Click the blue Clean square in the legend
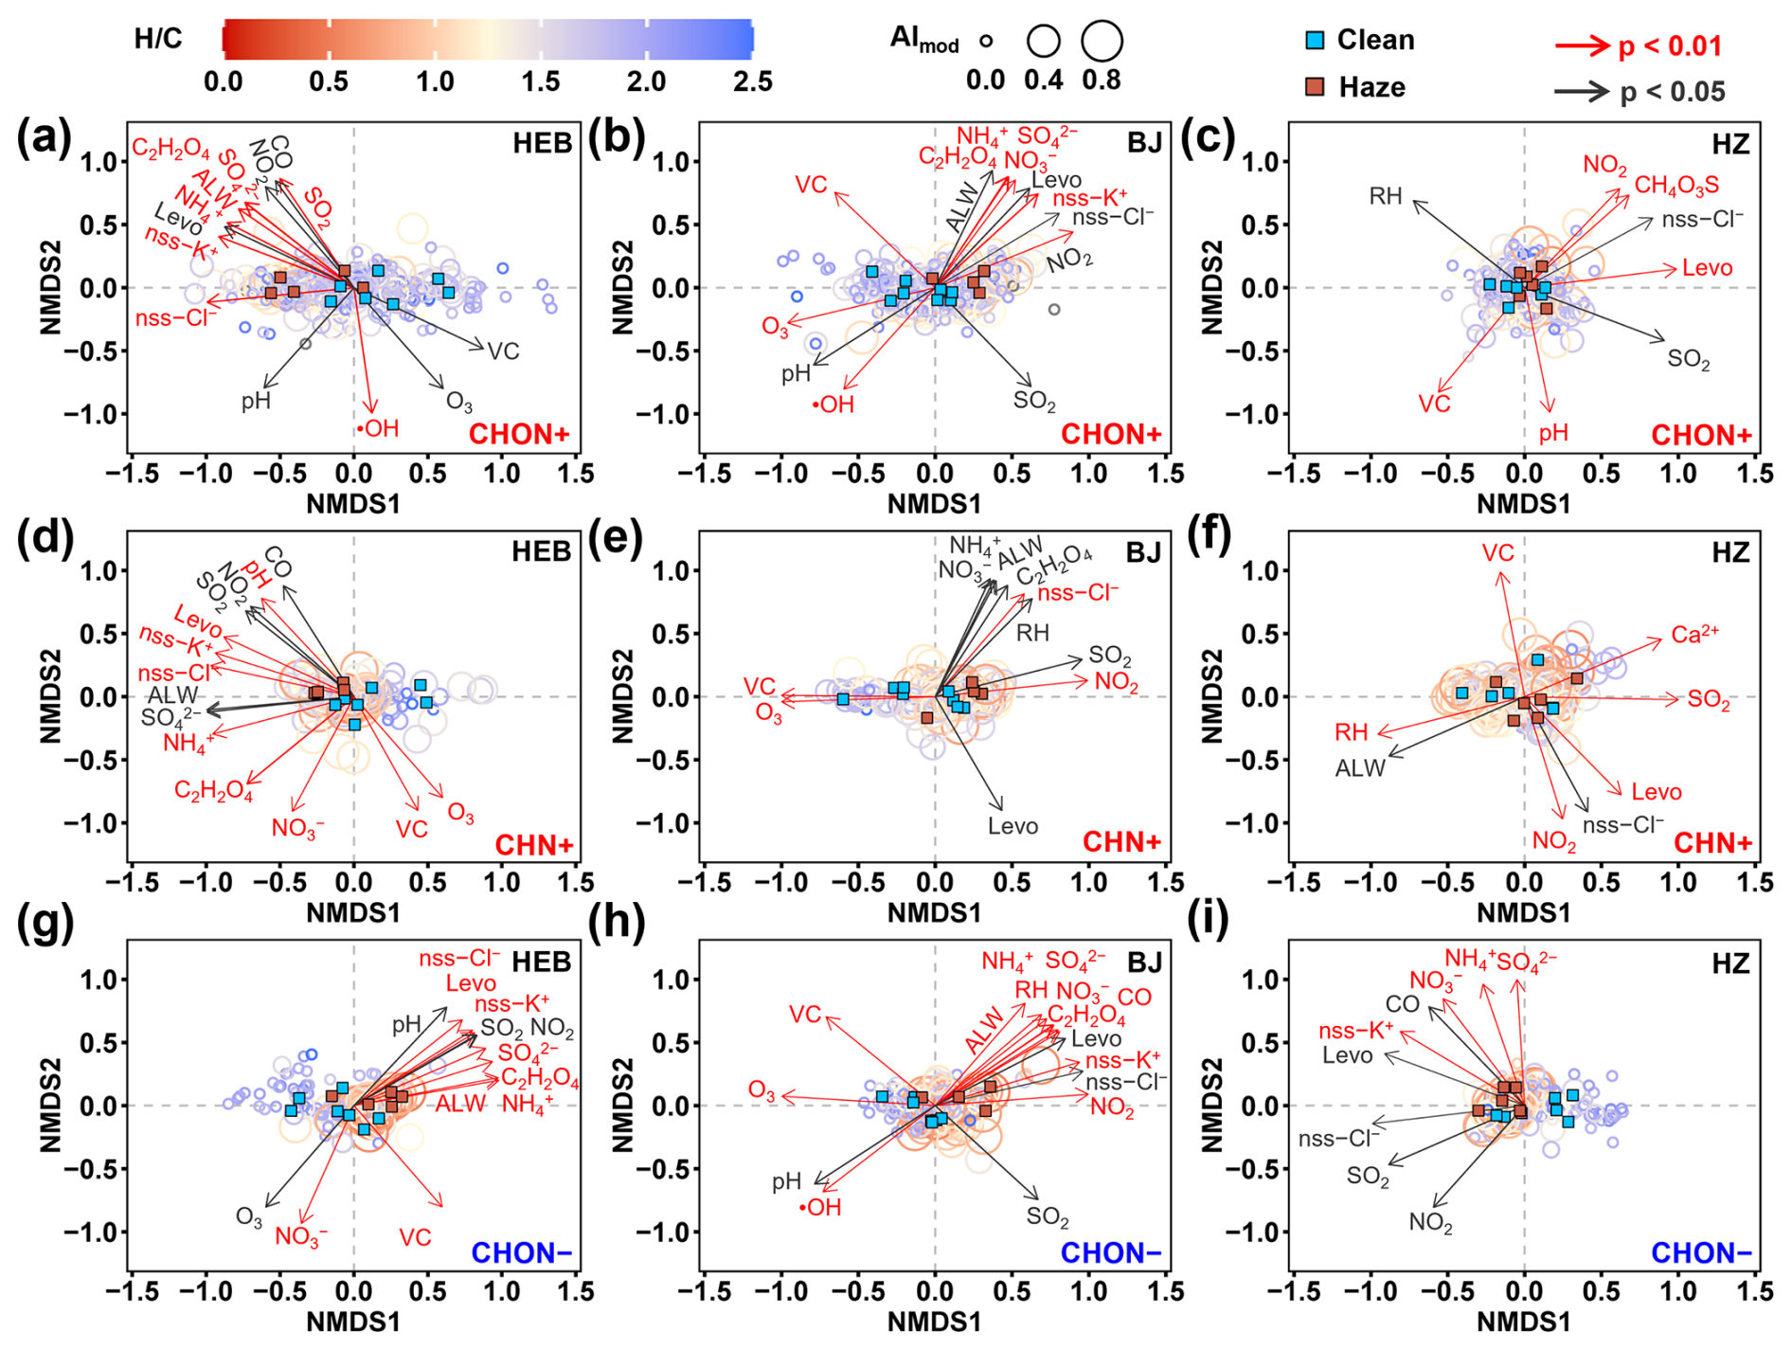(1315, 41)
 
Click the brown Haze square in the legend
(1315, 87)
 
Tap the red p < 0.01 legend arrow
(1582, 45)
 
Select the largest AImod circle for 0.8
(1102, 41)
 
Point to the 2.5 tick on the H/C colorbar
(752, 81)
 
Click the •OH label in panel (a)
(378, 429)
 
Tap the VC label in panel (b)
(811, 185)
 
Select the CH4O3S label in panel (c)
(1676, 186)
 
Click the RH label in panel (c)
(1385, 197)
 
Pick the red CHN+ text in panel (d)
(534, 845)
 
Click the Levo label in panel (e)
(1012, 826)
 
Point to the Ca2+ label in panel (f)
(1694, 635)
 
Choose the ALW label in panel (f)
(1360, 769)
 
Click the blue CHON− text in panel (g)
(521, 1253)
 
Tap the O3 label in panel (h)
(762, 1090)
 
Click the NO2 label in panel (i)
(1430, 1222)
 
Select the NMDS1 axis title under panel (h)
(934, 1322)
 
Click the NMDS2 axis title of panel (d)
(50, 696)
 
